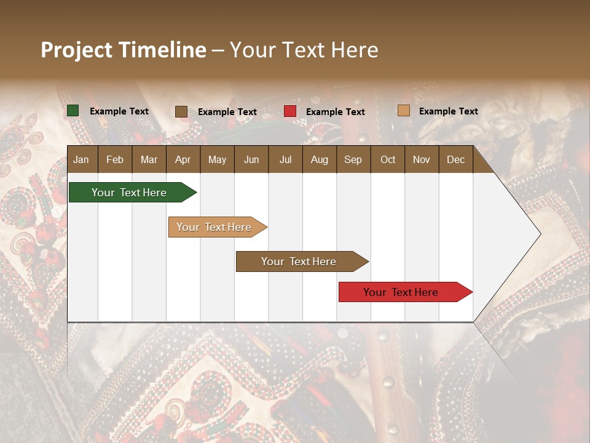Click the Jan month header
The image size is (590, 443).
pyautogui.click(x=81, y=159)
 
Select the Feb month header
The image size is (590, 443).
pyautogui.click(x=115, y=159)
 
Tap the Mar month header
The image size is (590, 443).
pyautogui.click(x=149, y=159)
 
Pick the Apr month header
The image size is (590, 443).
pyautogui.click(x=183, y=159)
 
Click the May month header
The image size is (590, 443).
pyautogui.click(x=217, y=159)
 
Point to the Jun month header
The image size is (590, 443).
pyautogui.click(x=251, y=159)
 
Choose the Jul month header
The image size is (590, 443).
pyautogui.click(x=285, y=159)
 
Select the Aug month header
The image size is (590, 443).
pyautogui.click(x=319, y=159)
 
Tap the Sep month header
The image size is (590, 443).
pyautogui.click(x=353, y=159)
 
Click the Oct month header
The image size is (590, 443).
pyautogui.click(x=388, y=159)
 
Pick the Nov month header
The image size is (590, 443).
pyautogui.click(x=422, y=159)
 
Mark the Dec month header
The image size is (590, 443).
pyautogui.click(x=455, y=159)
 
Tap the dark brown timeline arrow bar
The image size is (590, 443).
pyautogui.click(x=299, y=261)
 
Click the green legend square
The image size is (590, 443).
pyautogui.click(x=73, y=111)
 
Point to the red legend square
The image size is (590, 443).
pyautogui.click(x=290, y=111)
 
